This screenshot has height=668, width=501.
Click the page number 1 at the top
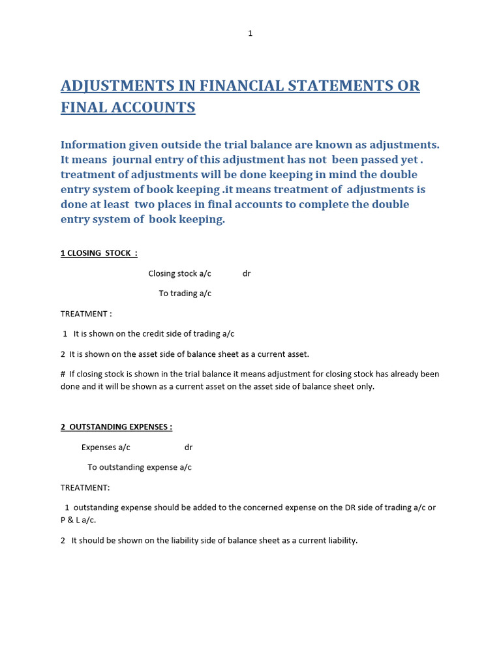250,33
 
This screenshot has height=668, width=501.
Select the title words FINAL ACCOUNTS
128,108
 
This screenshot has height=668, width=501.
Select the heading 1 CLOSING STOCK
99,253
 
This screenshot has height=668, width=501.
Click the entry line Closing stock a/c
179,274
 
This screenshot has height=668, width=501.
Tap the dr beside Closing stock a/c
247,274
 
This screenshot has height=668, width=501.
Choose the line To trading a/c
185,294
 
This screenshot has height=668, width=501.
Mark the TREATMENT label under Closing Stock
86,314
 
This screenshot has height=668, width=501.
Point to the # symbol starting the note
63,374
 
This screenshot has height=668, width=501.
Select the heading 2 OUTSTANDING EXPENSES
116,427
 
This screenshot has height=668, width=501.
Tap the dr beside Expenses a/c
189,448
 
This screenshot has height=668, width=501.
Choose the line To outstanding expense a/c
140,468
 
